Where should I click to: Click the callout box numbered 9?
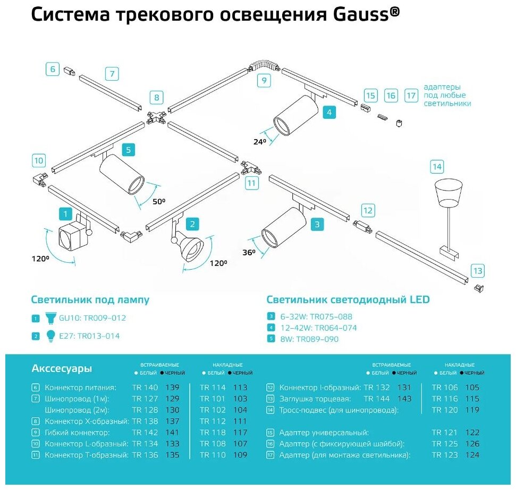point(264,81)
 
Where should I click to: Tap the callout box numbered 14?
point(437,167)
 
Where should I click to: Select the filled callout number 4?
point(329,113)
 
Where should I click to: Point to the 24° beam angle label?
point(260,142)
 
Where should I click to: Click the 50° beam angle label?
point(159,201)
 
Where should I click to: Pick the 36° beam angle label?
point(249,253)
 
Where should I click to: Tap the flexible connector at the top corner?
point(265,65)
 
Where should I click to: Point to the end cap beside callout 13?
point(478,288)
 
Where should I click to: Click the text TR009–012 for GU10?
point(105,318)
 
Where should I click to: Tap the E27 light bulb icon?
point(50,336)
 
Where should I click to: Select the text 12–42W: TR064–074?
point(318,328)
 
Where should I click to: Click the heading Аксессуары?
point(62,368)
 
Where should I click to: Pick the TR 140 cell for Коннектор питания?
point(145,388)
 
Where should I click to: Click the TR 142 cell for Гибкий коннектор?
point(145,433)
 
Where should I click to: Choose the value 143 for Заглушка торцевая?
point(404,399)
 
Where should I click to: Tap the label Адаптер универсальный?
point(324,433)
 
